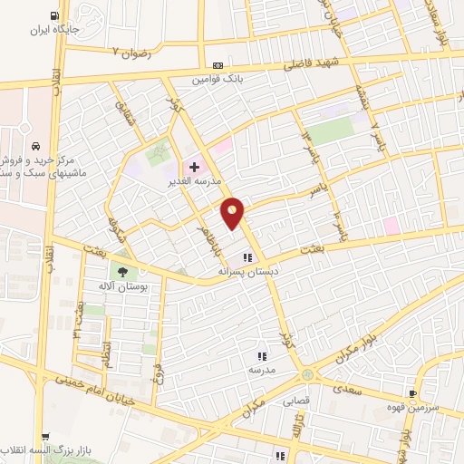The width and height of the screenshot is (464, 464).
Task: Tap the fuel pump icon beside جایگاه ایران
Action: (x=56, y=15)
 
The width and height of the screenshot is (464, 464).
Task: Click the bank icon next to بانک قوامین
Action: (x=217, y=65)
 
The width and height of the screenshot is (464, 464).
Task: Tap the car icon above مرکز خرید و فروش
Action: (x=34, y=146)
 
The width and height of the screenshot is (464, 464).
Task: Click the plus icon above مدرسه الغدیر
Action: (x=193, y=167)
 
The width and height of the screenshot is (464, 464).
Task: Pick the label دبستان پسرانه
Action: (x=244, y=271)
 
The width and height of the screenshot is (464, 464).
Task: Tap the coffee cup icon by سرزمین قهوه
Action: (x=413, y=393)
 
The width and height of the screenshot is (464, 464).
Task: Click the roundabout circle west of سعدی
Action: (x=308, y=373)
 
